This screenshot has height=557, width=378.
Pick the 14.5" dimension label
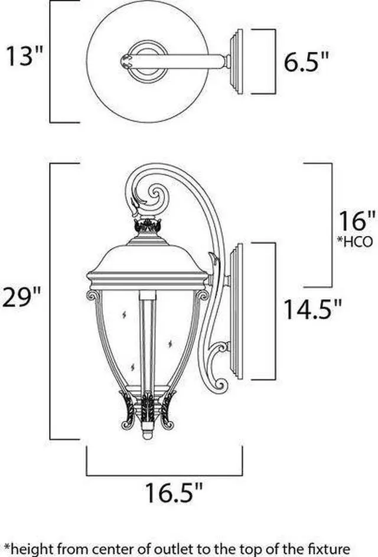(312, 309)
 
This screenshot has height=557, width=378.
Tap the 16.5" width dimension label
(174, 492)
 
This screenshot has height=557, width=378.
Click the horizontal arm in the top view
(189, 61)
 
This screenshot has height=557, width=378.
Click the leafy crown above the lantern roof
(148, 225)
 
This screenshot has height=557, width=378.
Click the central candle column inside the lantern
(148, 342)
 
